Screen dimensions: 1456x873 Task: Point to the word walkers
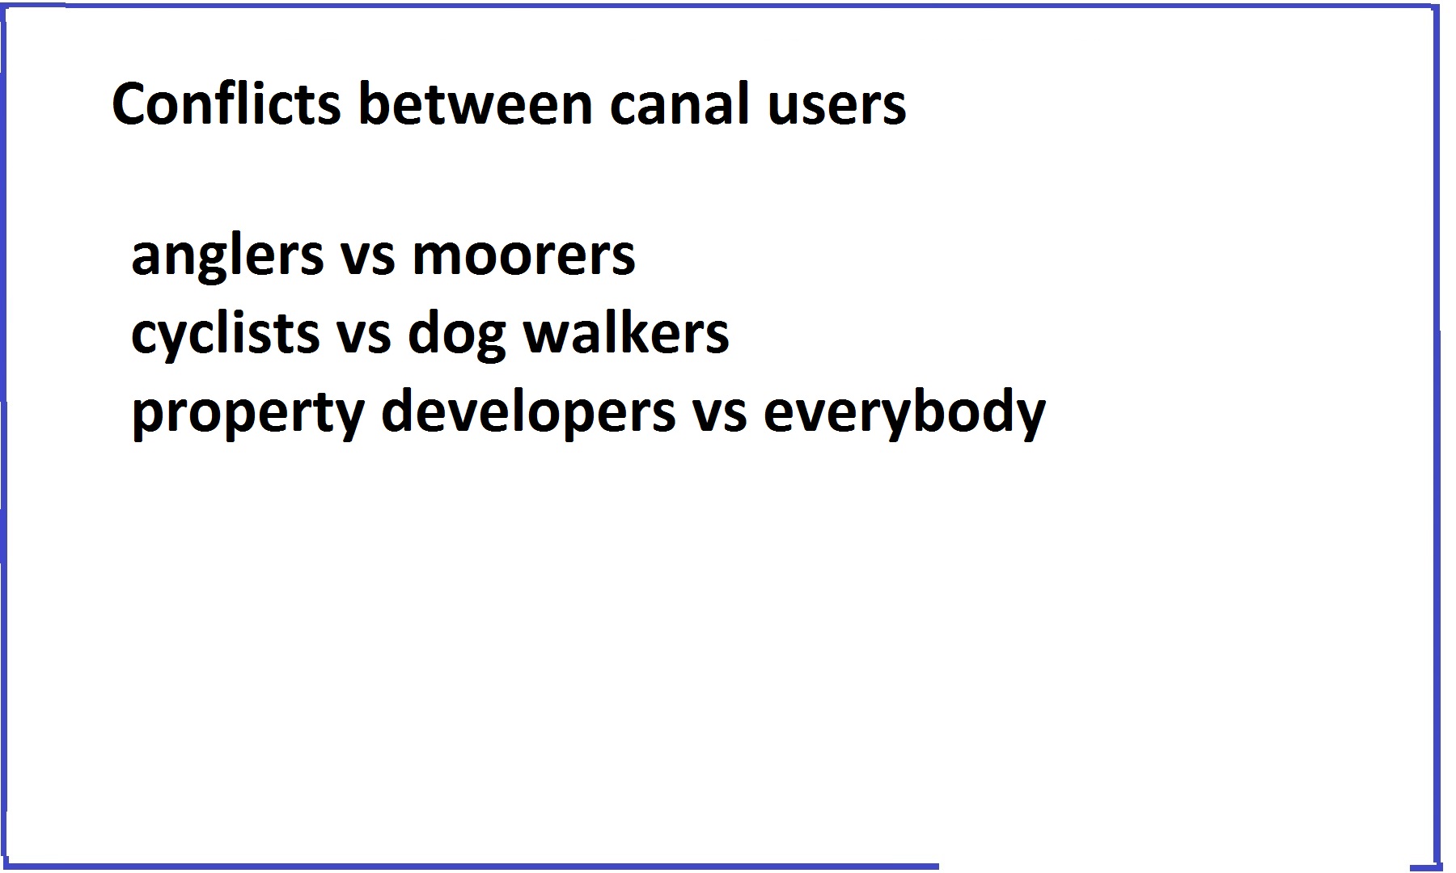(x=626, y=331)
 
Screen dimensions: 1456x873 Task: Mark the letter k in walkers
(x=628, y=331)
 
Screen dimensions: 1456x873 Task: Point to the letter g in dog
(x=491, y=340)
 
